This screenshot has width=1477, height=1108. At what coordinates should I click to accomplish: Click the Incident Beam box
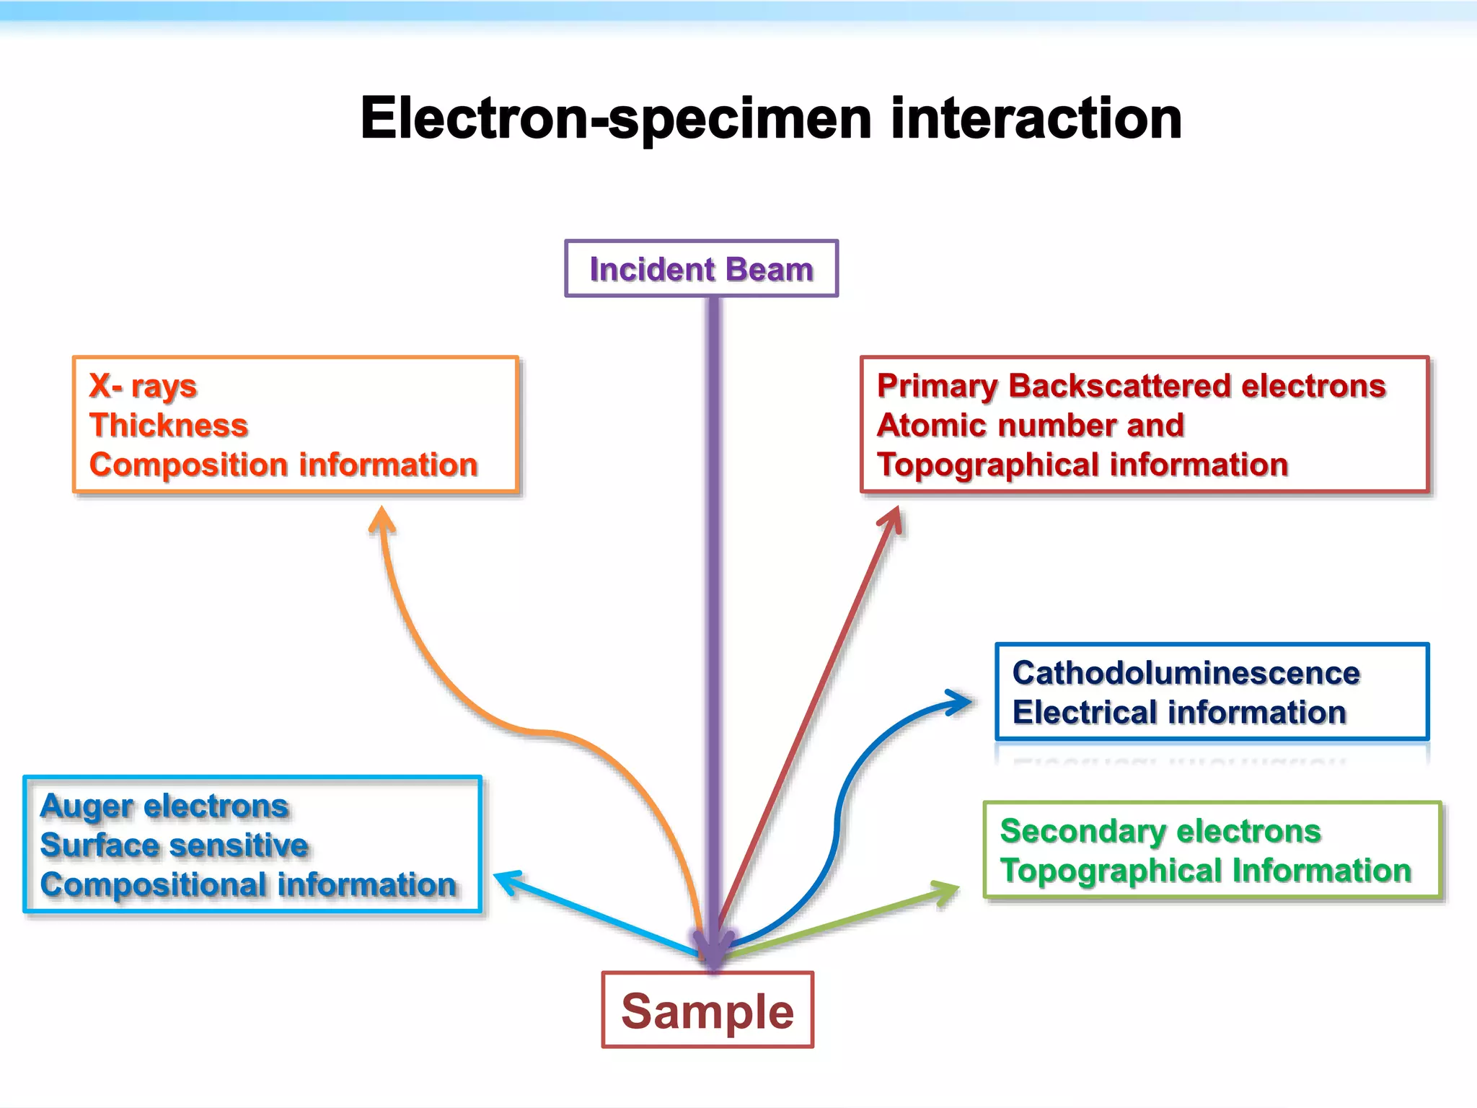701,269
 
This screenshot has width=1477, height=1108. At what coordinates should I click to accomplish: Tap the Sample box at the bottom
707,1010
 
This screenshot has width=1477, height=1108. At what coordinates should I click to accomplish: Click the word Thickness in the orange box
169,425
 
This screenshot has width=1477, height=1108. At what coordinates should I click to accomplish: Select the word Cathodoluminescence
1186,673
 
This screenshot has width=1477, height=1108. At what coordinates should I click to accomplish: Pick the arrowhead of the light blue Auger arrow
506,880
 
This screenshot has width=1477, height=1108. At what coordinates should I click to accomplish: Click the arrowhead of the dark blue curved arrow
962,702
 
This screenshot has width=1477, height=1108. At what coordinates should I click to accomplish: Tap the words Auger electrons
164,806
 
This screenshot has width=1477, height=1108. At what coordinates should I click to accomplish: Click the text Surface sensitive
174,845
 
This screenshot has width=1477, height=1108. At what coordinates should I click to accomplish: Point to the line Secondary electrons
1160,831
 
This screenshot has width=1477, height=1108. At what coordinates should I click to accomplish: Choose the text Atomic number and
1030,425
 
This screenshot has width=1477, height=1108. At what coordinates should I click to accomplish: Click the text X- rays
143,386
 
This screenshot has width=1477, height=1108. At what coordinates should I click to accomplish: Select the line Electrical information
1178,713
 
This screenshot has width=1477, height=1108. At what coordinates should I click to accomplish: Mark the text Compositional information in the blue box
248,884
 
